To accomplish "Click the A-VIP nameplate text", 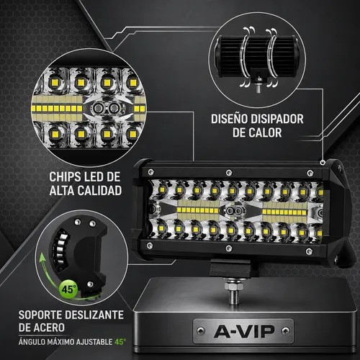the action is click(x=244, y=331).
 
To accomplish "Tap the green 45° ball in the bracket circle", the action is click(x=68, y=289).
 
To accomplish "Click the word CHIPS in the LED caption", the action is click(x=65, y=177).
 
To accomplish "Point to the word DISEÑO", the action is click(x=229, y=119).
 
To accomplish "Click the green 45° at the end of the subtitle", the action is click(x=120, y=341).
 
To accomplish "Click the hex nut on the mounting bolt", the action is click(x=232, y=286).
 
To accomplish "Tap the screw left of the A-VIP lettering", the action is click(x=201, y=331).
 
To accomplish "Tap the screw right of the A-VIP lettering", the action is click(x=285, y=331).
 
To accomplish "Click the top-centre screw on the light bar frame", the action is click(x=229, y=172).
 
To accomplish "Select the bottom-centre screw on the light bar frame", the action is click(x=229, y=248).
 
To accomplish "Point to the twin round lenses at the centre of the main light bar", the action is click(x=233, y=211).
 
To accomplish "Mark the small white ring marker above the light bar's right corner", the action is click(x=322, y=163).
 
